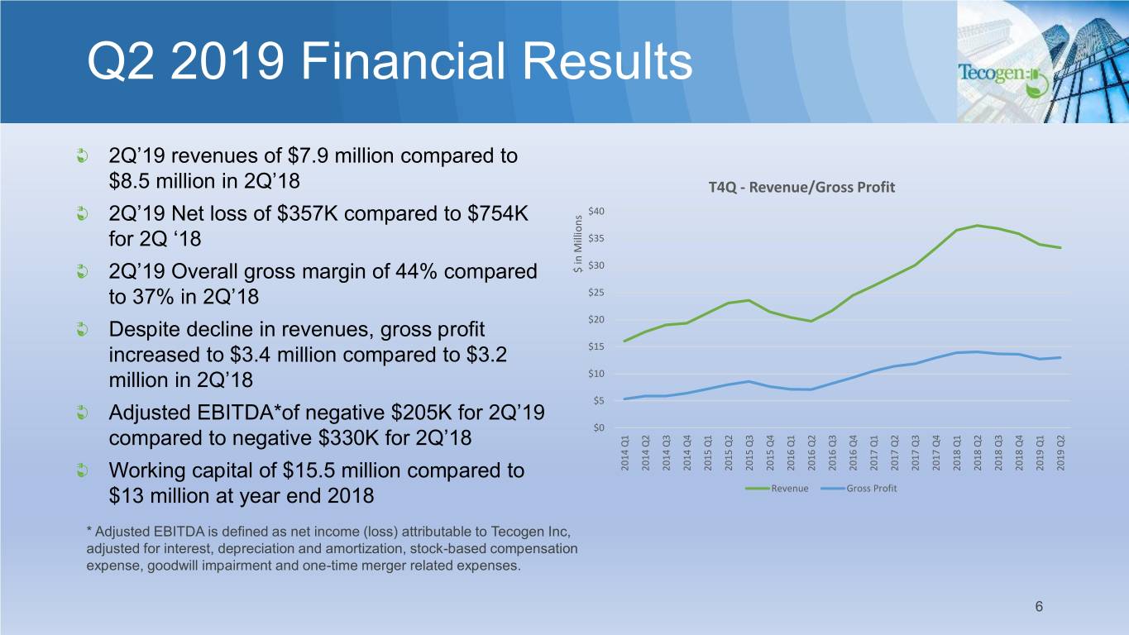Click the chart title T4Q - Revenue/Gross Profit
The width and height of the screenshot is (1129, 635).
point(801,188)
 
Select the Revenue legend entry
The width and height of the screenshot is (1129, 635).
point(777,489)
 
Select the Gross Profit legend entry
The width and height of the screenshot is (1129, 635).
point(859,489)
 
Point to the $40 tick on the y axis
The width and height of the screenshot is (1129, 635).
point(596,211)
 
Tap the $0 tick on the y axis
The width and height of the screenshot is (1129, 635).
point(599,427)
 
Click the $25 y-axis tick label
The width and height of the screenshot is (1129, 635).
point(596,293)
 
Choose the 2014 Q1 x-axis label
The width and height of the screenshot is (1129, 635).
point(625,453)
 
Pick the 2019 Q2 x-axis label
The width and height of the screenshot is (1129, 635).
point(1061,453)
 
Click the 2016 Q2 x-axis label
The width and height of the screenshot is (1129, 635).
point(811,453)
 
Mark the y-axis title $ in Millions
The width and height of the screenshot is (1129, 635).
point(577,244)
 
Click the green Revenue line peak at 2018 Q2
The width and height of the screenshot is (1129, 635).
point(978,225)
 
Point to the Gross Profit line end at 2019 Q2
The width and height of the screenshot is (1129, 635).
point(1061,358)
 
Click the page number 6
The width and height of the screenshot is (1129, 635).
point(1039,606)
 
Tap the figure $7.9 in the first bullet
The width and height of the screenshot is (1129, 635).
point(308,155)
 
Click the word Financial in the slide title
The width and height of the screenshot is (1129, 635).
point(403,61)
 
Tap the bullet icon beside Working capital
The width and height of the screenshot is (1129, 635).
point(81,470)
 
